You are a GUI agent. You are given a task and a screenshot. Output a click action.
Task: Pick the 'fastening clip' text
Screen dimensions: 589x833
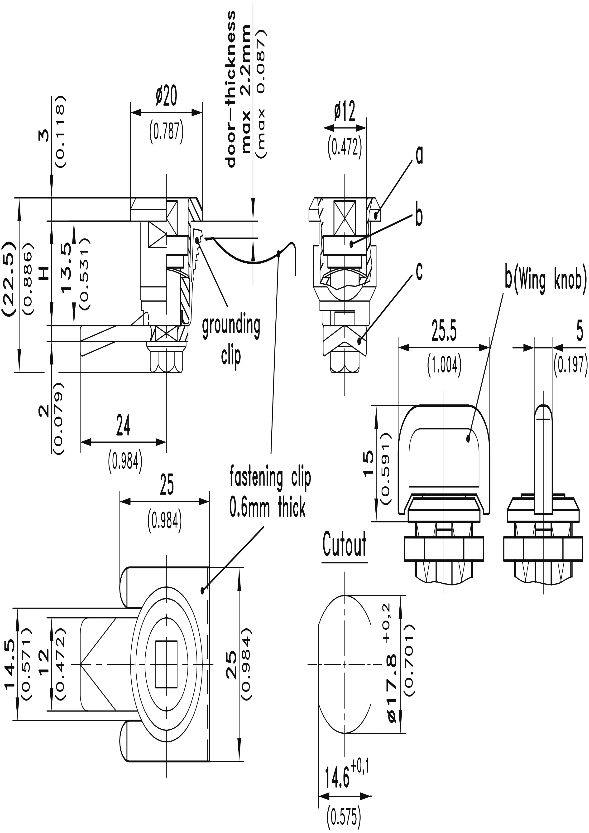(270, 478)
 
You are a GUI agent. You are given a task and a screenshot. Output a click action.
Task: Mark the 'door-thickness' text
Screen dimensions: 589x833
(231, 89)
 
